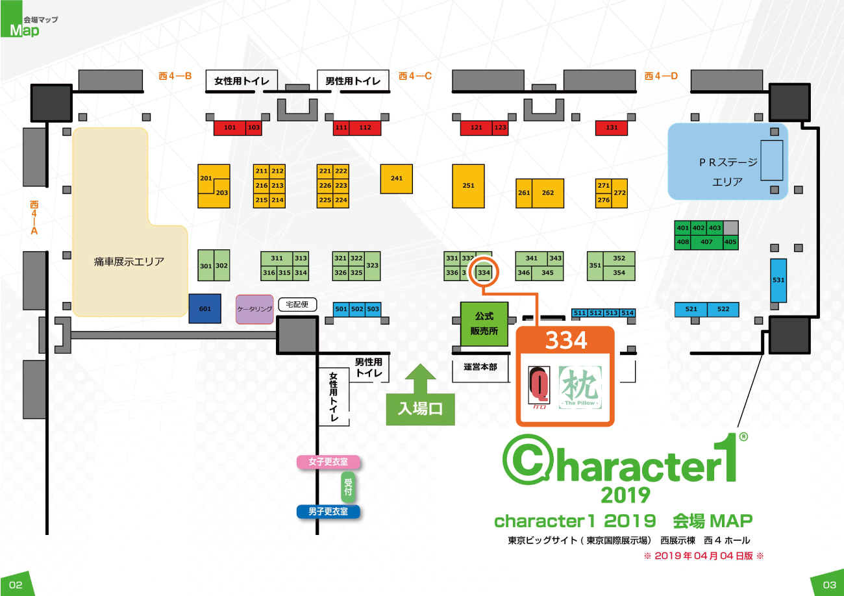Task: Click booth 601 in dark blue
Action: tap(205, 308)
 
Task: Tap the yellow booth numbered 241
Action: tap(397, 178)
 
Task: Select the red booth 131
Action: tap(612, 128)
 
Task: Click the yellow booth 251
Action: tap(468, 186)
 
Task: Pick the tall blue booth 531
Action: tap(778, 280)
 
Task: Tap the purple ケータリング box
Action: tap(254, 309)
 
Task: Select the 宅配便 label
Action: tap(297, 304)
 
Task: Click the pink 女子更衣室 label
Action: tap(328, 462)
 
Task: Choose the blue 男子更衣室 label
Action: tap(328, 512)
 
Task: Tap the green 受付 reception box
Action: tap(349, 487)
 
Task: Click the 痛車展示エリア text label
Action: tap(129, 262)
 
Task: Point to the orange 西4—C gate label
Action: tap(416, 76)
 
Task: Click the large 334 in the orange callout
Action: tap(565, 340)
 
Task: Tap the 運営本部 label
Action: tap(480, 367)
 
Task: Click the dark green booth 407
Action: tap(706, 242)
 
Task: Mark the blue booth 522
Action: tap(723, 310)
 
